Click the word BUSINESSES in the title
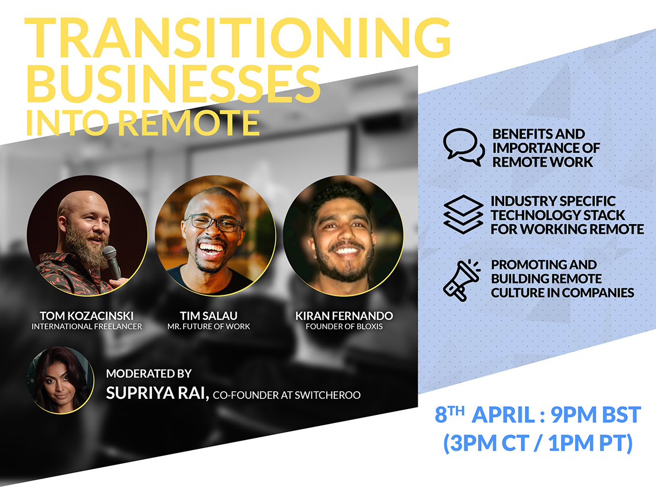point(173,83)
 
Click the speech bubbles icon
point(463,147)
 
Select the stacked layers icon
point(463,214)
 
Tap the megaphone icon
point(462,279)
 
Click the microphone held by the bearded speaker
point(112,261)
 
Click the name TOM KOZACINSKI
point(87,315)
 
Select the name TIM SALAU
point(209,315)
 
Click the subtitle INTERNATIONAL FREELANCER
point(87,326)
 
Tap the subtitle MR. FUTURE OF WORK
point(209,326)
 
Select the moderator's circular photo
point(60,380)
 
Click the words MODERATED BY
point(148,374)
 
